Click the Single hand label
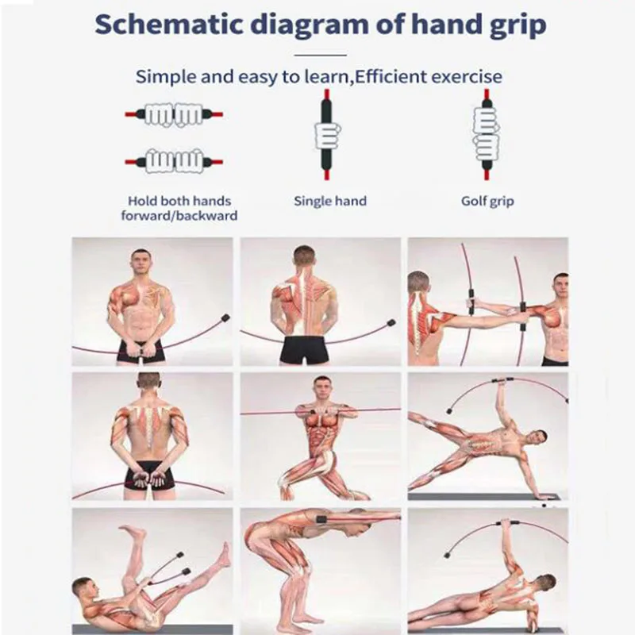[330, 201]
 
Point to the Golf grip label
[487, 202]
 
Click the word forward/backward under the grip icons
[179, 216]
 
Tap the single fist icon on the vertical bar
[328, 136]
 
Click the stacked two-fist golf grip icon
[486, 133]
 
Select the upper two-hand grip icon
[174, 114]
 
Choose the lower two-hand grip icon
[174, 161]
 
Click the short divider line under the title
[321, 55]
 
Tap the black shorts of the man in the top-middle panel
[307, 349]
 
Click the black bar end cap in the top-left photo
[225, 318]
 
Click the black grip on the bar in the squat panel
[324, 519]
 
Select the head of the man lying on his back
[86, 589]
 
